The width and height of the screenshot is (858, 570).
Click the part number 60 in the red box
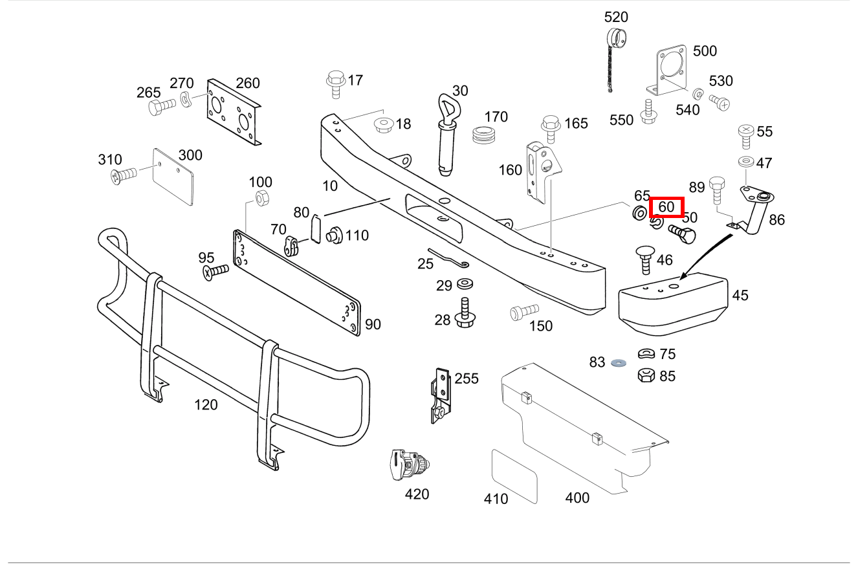tap(666, 208)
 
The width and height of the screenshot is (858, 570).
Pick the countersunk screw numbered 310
tap(124, 174)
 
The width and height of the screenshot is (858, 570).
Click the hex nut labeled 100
tap(261, 198)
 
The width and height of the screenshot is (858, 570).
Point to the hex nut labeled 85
tap(646, 375)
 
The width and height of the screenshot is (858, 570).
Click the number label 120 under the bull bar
tap(206, 405)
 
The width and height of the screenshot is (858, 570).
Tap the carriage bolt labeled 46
tap(646, 259)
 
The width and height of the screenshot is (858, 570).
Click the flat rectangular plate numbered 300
tap(173, 177)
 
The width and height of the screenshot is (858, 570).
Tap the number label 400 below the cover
tap(577, 498)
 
